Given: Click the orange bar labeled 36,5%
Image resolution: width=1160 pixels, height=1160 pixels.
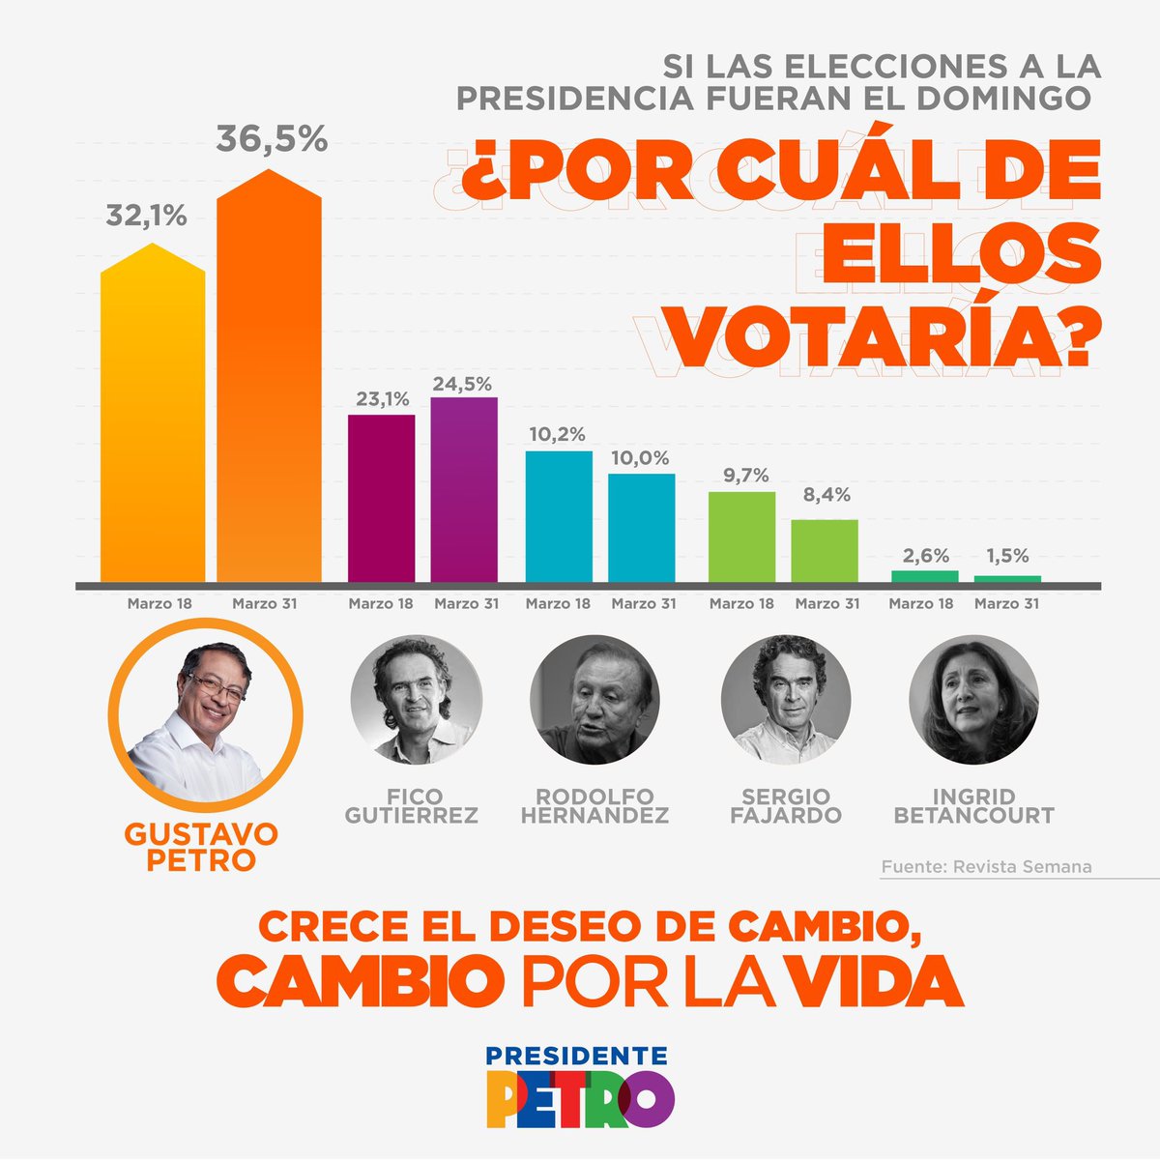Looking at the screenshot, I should [x=269, y=387].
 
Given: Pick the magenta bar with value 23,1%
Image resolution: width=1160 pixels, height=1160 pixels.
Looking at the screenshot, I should [x=381, y=499].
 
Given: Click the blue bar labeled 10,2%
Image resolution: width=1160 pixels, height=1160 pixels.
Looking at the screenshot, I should [x=558, y=517].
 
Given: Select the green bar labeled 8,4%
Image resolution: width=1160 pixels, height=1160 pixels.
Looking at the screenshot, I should [x=825, y=551].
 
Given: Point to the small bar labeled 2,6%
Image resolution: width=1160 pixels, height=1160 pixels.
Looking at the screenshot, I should [x=925, y=576].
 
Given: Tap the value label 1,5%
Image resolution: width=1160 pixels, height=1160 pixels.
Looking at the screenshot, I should [x=1007, y=556].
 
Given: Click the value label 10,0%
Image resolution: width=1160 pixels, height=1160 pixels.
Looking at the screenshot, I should [x=641, y=457].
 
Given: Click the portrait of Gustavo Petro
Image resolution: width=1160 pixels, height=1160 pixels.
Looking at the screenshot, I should [x=205, y=715].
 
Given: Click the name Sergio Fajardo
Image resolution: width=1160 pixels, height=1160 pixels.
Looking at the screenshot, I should [x=785, y=805].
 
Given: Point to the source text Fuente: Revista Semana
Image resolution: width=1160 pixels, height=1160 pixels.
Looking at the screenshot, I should [x=986, y=867].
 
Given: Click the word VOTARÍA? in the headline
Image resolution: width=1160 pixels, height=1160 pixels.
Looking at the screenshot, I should [x=885, y=335].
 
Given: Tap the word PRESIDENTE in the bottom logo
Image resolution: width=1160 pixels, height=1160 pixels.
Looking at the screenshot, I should [x=577, y=1056].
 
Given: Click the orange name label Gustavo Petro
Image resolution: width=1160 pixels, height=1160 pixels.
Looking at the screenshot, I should [x=201, y=847].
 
